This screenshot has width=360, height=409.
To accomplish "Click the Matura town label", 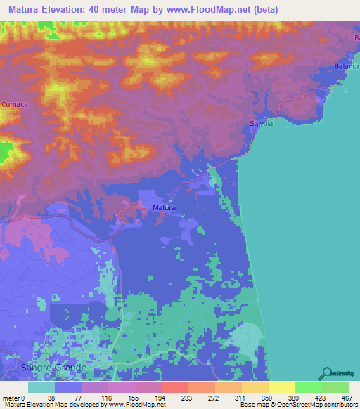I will tap(164, 208).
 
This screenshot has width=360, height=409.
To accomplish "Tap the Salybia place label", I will tap(260, 124).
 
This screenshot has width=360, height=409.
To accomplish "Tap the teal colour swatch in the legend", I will tap(41, 387).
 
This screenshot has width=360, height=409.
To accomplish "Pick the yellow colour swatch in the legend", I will tap(281, 387).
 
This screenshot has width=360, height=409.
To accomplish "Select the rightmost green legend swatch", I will tap(335, 387).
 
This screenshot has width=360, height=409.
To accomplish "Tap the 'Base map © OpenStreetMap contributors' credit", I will tap(297, 404).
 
